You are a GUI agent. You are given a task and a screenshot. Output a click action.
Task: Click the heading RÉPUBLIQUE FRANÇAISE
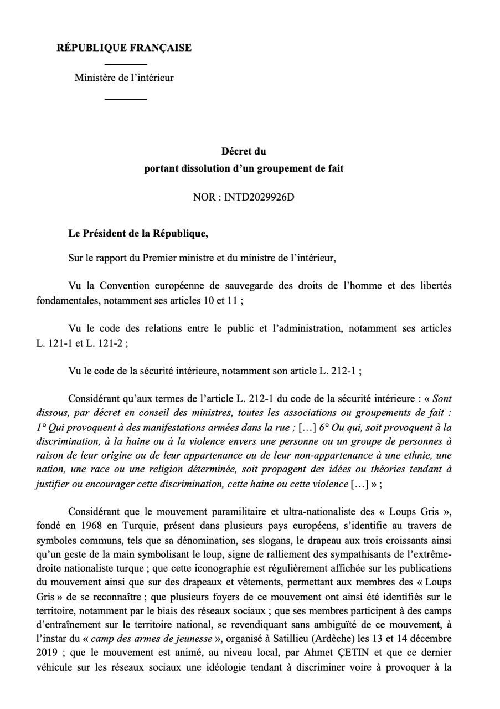[x=124, y=48]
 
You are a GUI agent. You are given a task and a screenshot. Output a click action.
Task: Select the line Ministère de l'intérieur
[x=124, y=78]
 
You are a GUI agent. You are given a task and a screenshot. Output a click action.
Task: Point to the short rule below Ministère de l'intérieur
[x=126, y=100]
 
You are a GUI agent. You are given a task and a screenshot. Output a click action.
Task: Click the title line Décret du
[x=244, y=151]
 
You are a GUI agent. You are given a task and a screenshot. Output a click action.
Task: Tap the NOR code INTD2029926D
[x=259, y=197]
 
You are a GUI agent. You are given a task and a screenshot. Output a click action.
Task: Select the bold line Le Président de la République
[x=138, y=233]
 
